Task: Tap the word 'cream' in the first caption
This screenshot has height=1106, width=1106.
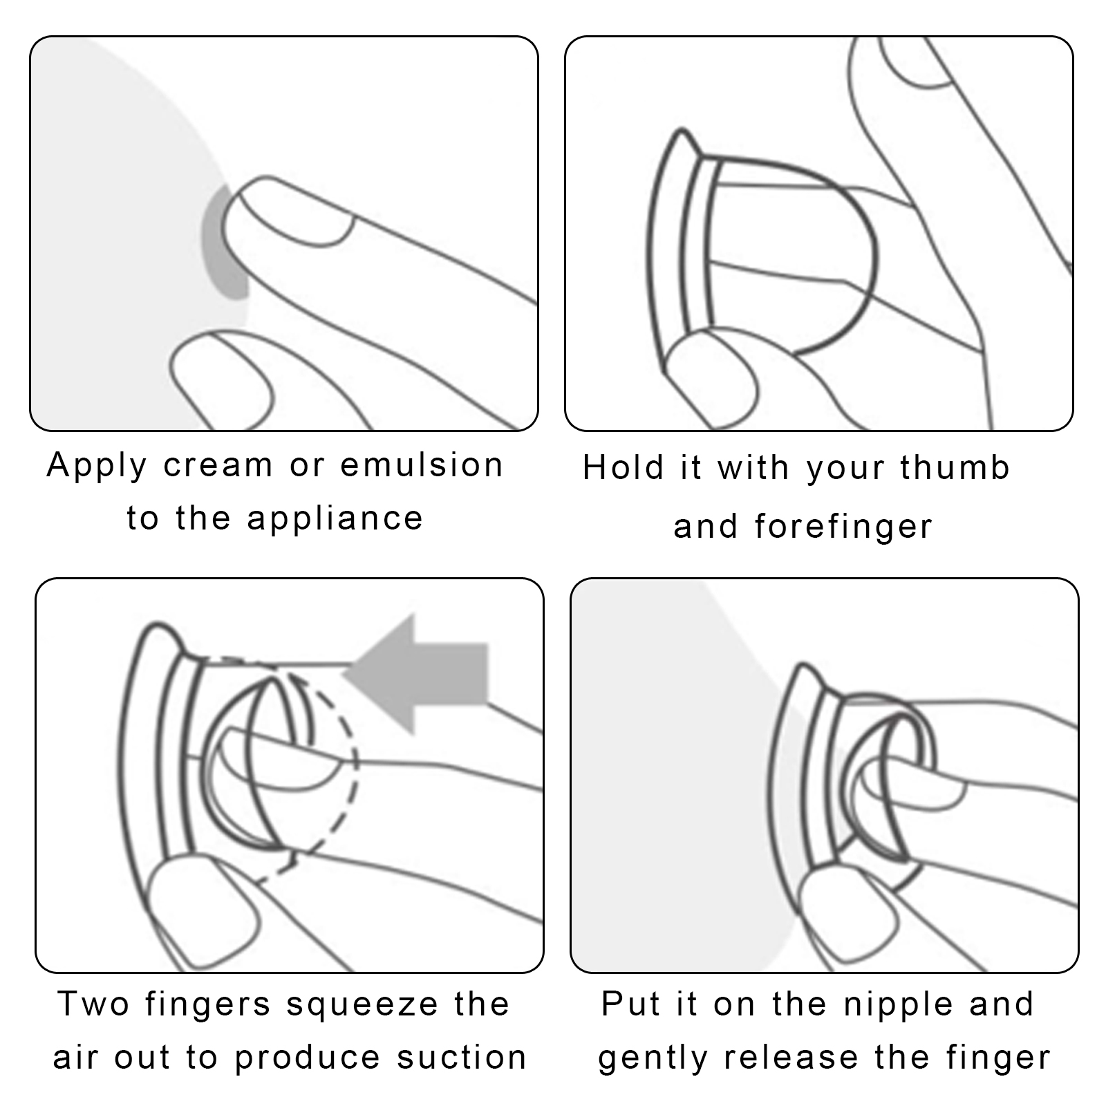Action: click(218, 466)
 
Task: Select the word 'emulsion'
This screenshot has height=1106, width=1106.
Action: click(422, 465)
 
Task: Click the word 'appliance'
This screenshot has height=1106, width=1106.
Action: click(335, 519)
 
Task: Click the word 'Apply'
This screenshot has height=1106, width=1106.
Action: click(96, 466)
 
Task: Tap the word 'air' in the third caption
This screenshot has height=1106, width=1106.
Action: click(77, 1058)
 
